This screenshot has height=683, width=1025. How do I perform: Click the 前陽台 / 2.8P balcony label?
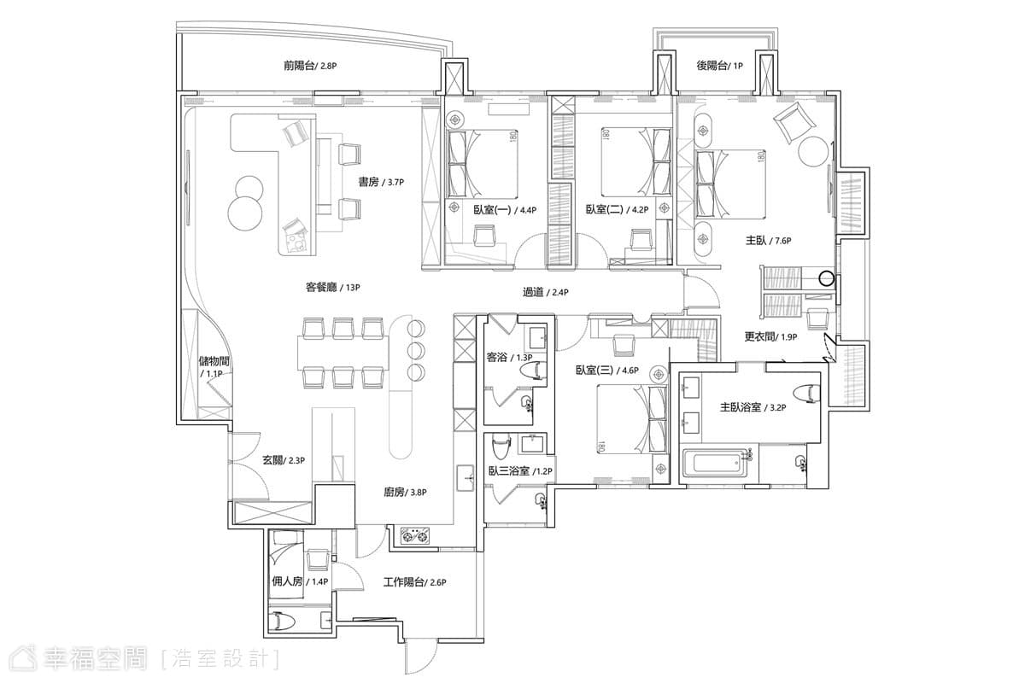click(x=310, y=66)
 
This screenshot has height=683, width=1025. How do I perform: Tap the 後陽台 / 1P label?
click(x=719, y=66)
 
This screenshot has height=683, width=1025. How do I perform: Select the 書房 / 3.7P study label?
click(x=381, y=182)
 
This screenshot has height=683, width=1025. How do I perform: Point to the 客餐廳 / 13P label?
click(x=332, y=288)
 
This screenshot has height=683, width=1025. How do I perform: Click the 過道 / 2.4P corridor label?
click(x=546, y=292)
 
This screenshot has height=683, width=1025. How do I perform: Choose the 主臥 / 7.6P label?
click(x=768, y=240)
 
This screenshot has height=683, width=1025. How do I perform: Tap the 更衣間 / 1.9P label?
click(x=770, y=336)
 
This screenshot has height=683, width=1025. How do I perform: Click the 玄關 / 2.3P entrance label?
click(x=284, y=460)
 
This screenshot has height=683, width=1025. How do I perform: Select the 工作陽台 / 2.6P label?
click(x=414, y=582)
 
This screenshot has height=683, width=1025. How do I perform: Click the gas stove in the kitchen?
click(x=415, y=535)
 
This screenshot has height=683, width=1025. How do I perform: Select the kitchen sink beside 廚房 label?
click(x=466, y=478)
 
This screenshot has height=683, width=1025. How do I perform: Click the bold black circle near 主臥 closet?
click(x=826, y=278)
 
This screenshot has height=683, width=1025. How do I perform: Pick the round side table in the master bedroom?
click(x=813, y=152)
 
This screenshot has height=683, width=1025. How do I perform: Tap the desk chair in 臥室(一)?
click(x=485, y=235)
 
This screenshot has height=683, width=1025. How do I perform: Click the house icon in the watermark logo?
click(x=24, y=659)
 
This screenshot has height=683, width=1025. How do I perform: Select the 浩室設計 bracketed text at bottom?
click(x=221, y=659)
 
